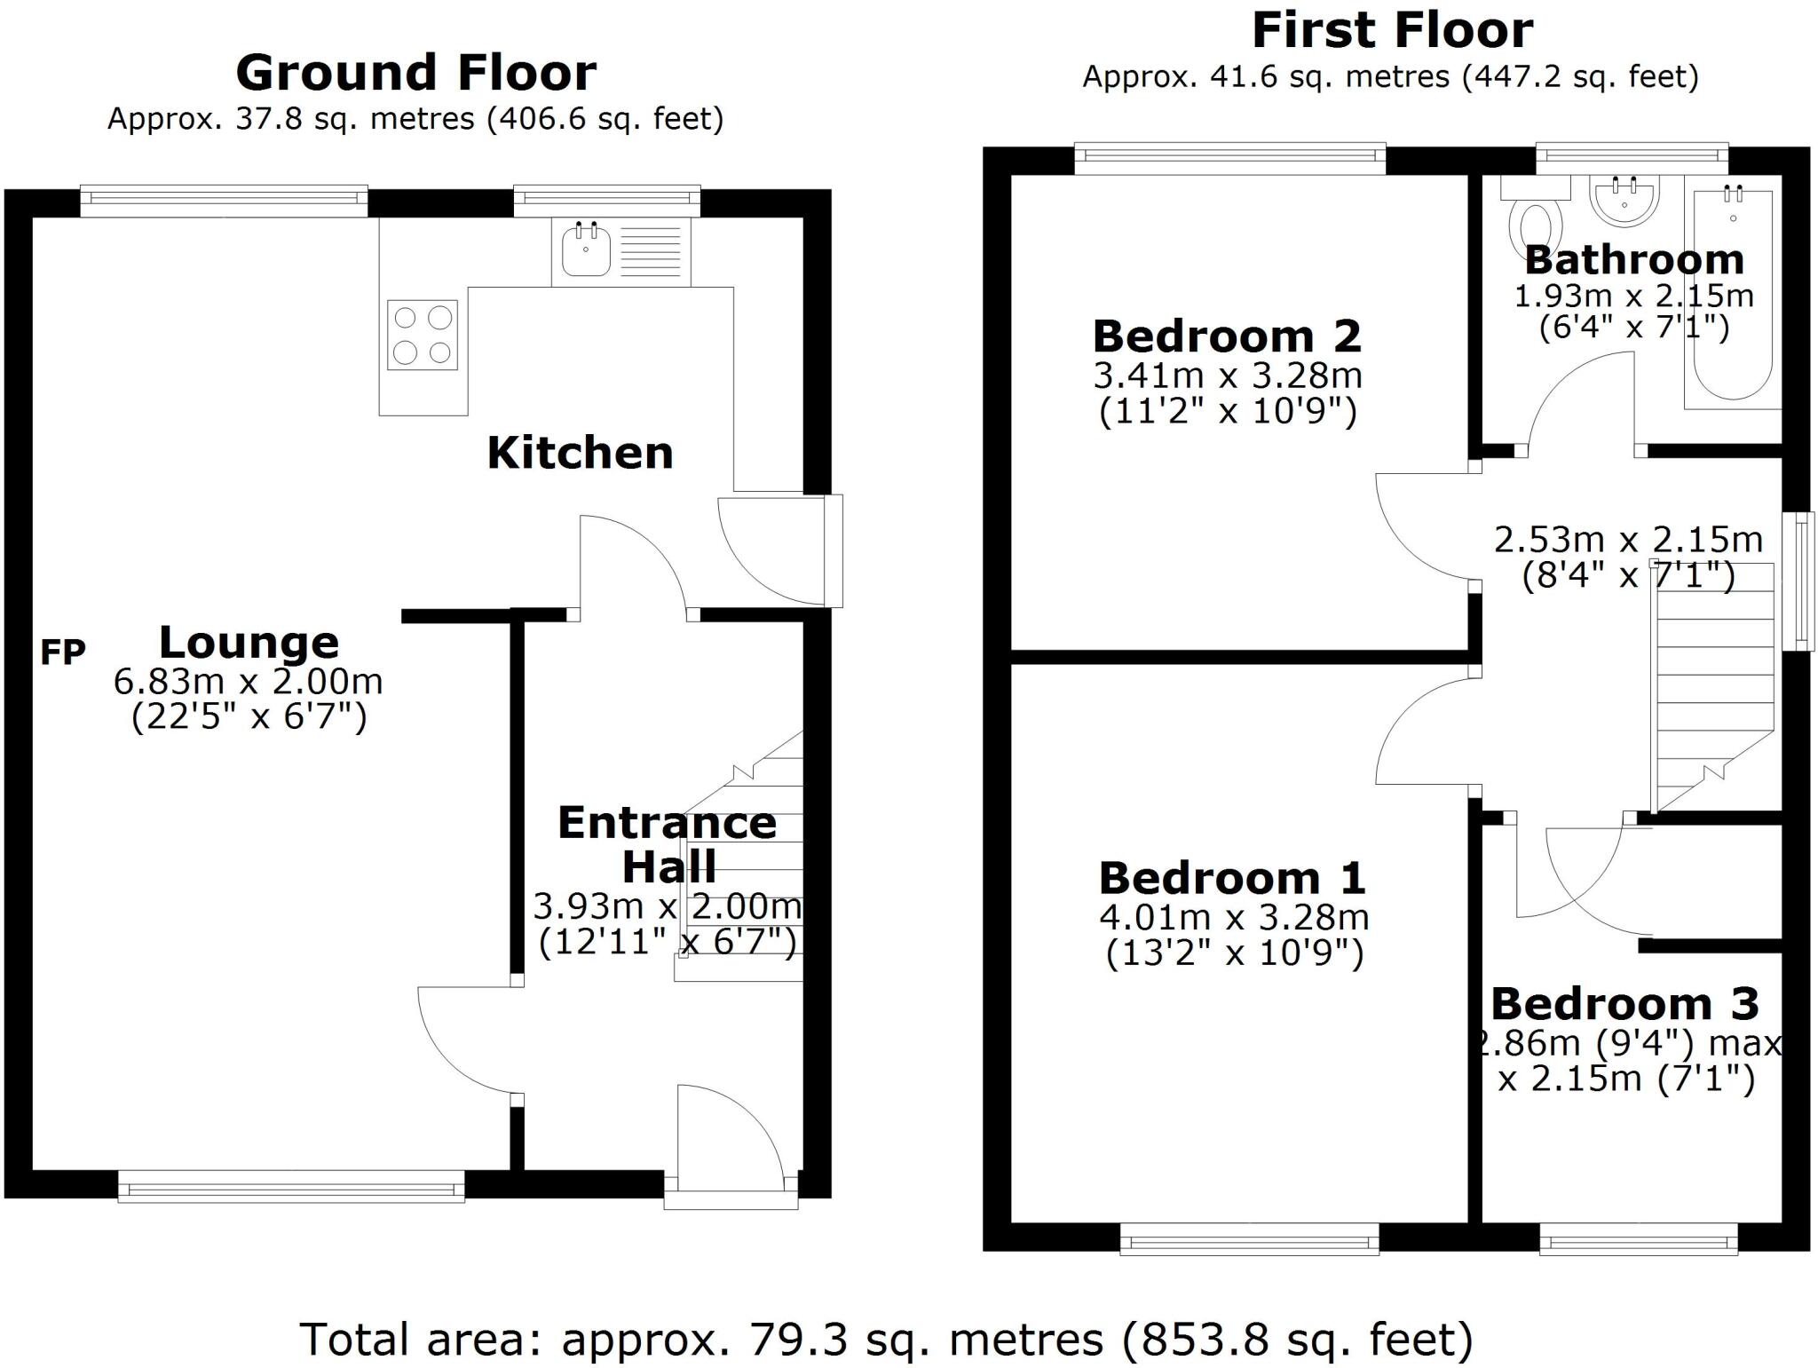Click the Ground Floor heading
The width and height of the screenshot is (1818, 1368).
tap(415, 73)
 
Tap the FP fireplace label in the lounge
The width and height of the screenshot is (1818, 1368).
tap(63, 652)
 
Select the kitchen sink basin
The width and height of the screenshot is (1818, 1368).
tap(586, 249)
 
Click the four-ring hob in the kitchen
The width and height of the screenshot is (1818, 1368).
tap(423, 335)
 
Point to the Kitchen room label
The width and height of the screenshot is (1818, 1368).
tap(580, 454)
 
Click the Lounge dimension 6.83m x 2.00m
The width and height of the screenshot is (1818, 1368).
tap(248, 682)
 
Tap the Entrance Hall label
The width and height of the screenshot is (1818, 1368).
tap(668, 844)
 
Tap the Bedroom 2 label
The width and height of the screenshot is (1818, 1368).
tap(1227, 336)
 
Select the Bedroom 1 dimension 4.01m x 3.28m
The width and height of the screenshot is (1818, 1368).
tap(1234, 917)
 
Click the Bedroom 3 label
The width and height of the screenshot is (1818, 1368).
tap(1624, 1004)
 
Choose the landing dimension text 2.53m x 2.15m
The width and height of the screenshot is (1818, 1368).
tap(1628, 540)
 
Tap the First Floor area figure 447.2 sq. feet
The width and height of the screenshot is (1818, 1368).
tap(1581, 77)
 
